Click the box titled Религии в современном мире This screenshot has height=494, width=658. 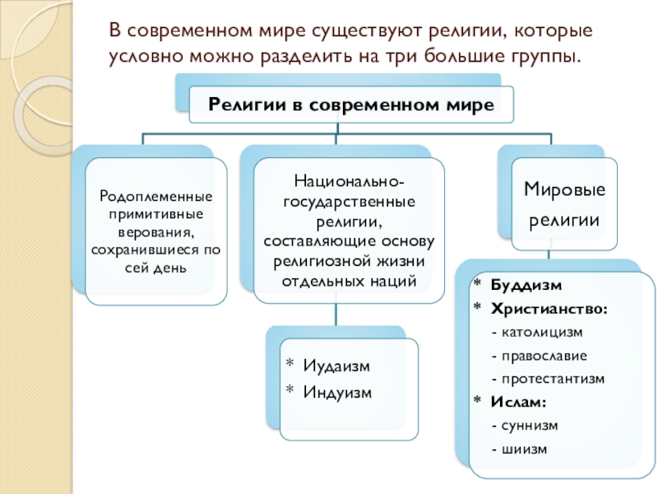click(351, 105)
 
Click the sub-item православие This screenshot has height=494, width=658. click(538, 356)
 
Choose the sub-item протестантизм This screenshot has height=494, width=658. click(547, 379)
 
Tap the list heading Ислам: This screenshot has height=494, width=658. click(519, 402)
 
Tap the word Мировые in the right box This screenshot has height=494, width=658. click(563, 190)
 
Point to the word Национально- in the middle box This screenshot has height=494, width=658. click(348, 179)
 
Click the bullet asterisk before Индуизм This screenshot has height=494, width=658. click(289, 390)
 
